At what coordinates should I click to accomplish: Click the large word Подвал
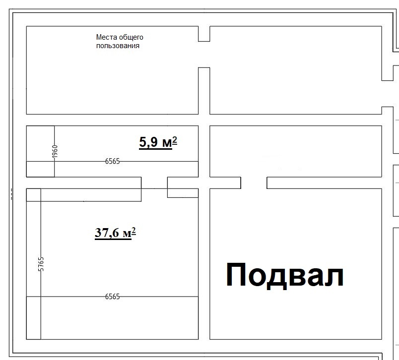285,276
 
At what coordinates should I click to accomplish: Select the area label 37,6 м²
115,233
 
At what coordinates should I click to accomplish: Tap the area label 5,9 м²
158,142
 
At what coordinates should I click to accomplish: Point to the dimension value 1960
55,151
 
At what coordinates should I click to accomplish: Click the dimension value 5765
41,264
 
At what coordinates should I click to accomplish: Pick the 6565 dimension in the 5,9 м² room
113,161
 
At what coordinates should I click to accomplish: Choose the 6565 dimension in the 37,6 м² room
113,297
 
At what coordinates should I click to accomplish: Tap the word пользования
118,46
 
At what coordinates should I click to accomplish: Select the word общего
131,38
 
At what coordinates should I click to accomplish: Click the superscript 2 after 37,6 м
134,231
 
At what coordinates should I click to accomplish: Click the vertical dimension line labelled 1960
54,151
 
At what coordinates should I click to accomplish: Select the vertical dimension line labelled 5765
41,264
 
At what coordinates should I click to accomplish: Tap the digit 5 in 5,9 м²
142,142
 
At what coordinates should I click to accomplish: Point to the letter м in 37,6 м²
127,234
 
